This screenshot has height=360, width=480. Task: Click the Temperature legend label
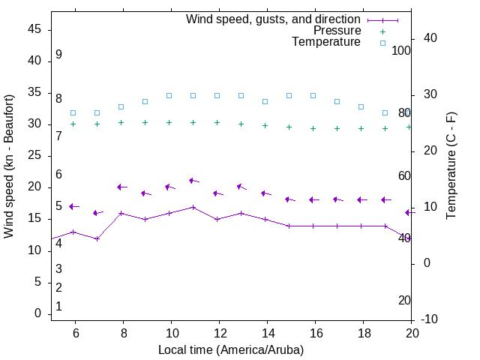326,42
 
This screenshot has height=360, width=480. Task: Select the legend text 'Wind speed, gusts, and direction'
274,19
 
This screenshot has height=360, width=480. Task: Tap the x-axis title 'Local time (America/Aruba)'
231,349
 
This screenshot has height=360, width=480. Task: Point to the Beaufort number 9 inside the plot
58,55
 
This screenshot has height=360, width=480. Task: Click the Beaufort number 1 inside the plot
58,307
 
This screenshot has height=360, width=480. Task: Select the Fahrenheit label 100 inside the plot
401,50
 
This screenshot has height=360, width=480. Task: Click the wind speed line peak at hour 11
193,207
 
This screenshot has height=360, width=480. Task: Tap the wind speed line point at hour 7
97,238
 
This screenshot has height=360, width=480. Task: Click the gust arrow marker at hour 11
193,181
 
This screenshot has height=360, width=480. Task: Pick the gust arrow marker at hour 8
121,187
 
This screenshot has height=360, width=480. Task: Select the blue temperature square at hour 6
73,113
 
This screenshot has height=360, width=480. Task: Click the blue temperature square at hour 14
265,101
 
